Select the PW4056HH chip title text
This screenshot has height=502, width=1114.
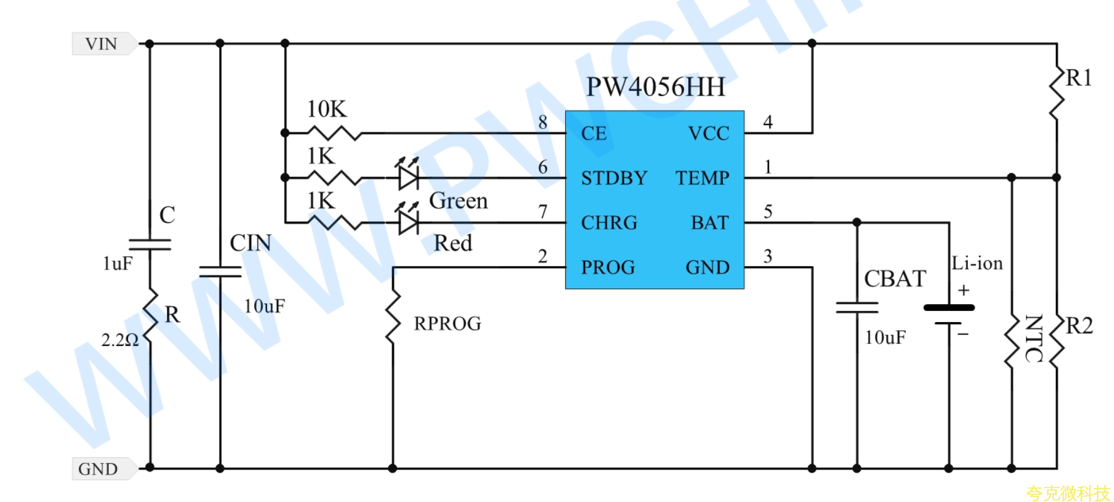point(655,87)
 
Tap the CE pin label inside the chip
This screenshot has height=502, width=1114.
point(594,133)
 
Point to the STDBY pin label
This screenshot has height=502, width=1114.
point(614,178)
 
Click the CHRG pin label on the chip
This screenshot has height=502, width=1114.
point(609,222)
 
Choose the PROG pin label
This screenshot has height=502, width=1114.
point(608,267)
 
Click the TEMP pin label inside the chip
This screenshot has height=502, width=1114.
point(702,178)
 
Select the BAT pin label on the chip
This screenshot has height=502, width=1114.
point(710,222)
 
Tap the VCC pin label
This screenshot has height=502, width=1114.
point(708,133)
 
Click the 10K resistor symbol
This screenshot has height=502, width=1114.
point(334,132)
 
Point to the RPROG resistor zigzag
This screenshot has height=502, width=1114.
point(393,317)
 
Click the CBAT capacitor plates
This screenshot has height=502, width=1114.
point(857,307)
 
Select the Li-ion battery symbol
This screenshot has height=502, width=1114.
point(949,314)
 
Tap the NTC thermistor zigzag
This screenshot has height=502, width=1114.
point(1011,341)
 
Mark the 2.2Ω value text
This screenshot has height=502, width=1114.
point(120,340)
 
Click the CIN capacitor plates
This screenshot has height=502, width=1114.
point(220,271)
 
